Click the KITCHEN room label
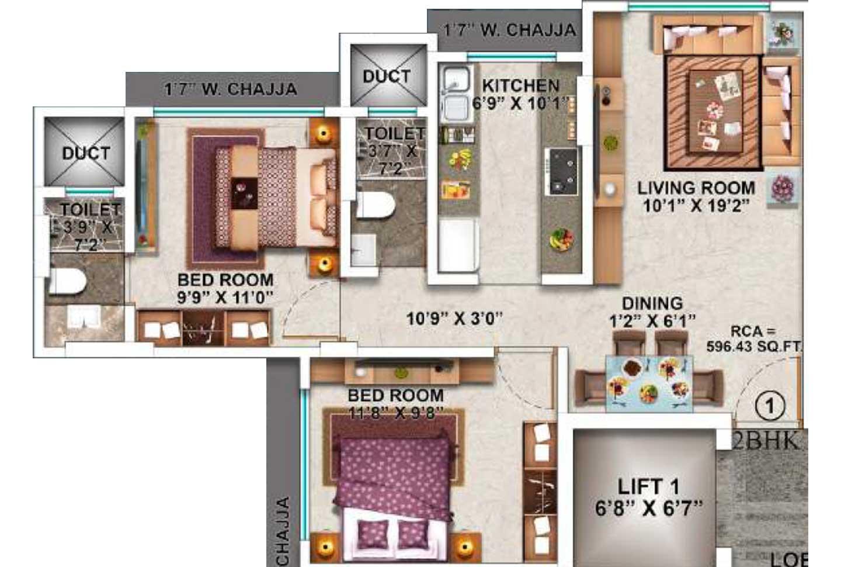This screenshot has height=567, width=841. click(520, 85)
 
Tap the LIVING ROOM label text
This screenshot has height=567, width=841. click(696, 188)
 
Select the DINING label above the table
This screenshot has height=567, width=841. click(652, 303)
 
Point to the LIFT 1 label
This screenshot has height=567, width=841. click(648, 486)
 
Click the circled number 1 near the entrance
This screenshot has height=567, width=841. click(769, 406)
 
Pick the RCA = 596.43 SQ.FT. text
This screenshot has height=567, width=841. click(754, 339)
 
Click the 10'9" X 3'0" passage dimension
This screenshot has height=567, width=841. click(454, 319)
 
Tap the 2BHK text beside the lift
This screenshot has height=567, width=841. click(765, 441)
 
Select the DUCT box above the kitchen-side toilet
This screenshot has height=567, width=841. click(387, 76)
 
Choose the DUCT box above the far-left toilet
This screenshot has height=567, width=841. click(85, 153)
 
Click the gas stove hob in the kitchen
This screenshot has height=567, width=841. click(562, 171)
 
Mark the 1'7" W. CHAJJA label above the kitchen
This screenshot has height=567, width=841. click(509, 30)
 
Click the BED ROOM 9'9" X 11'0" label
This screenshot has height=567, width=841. click(225, 288)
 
